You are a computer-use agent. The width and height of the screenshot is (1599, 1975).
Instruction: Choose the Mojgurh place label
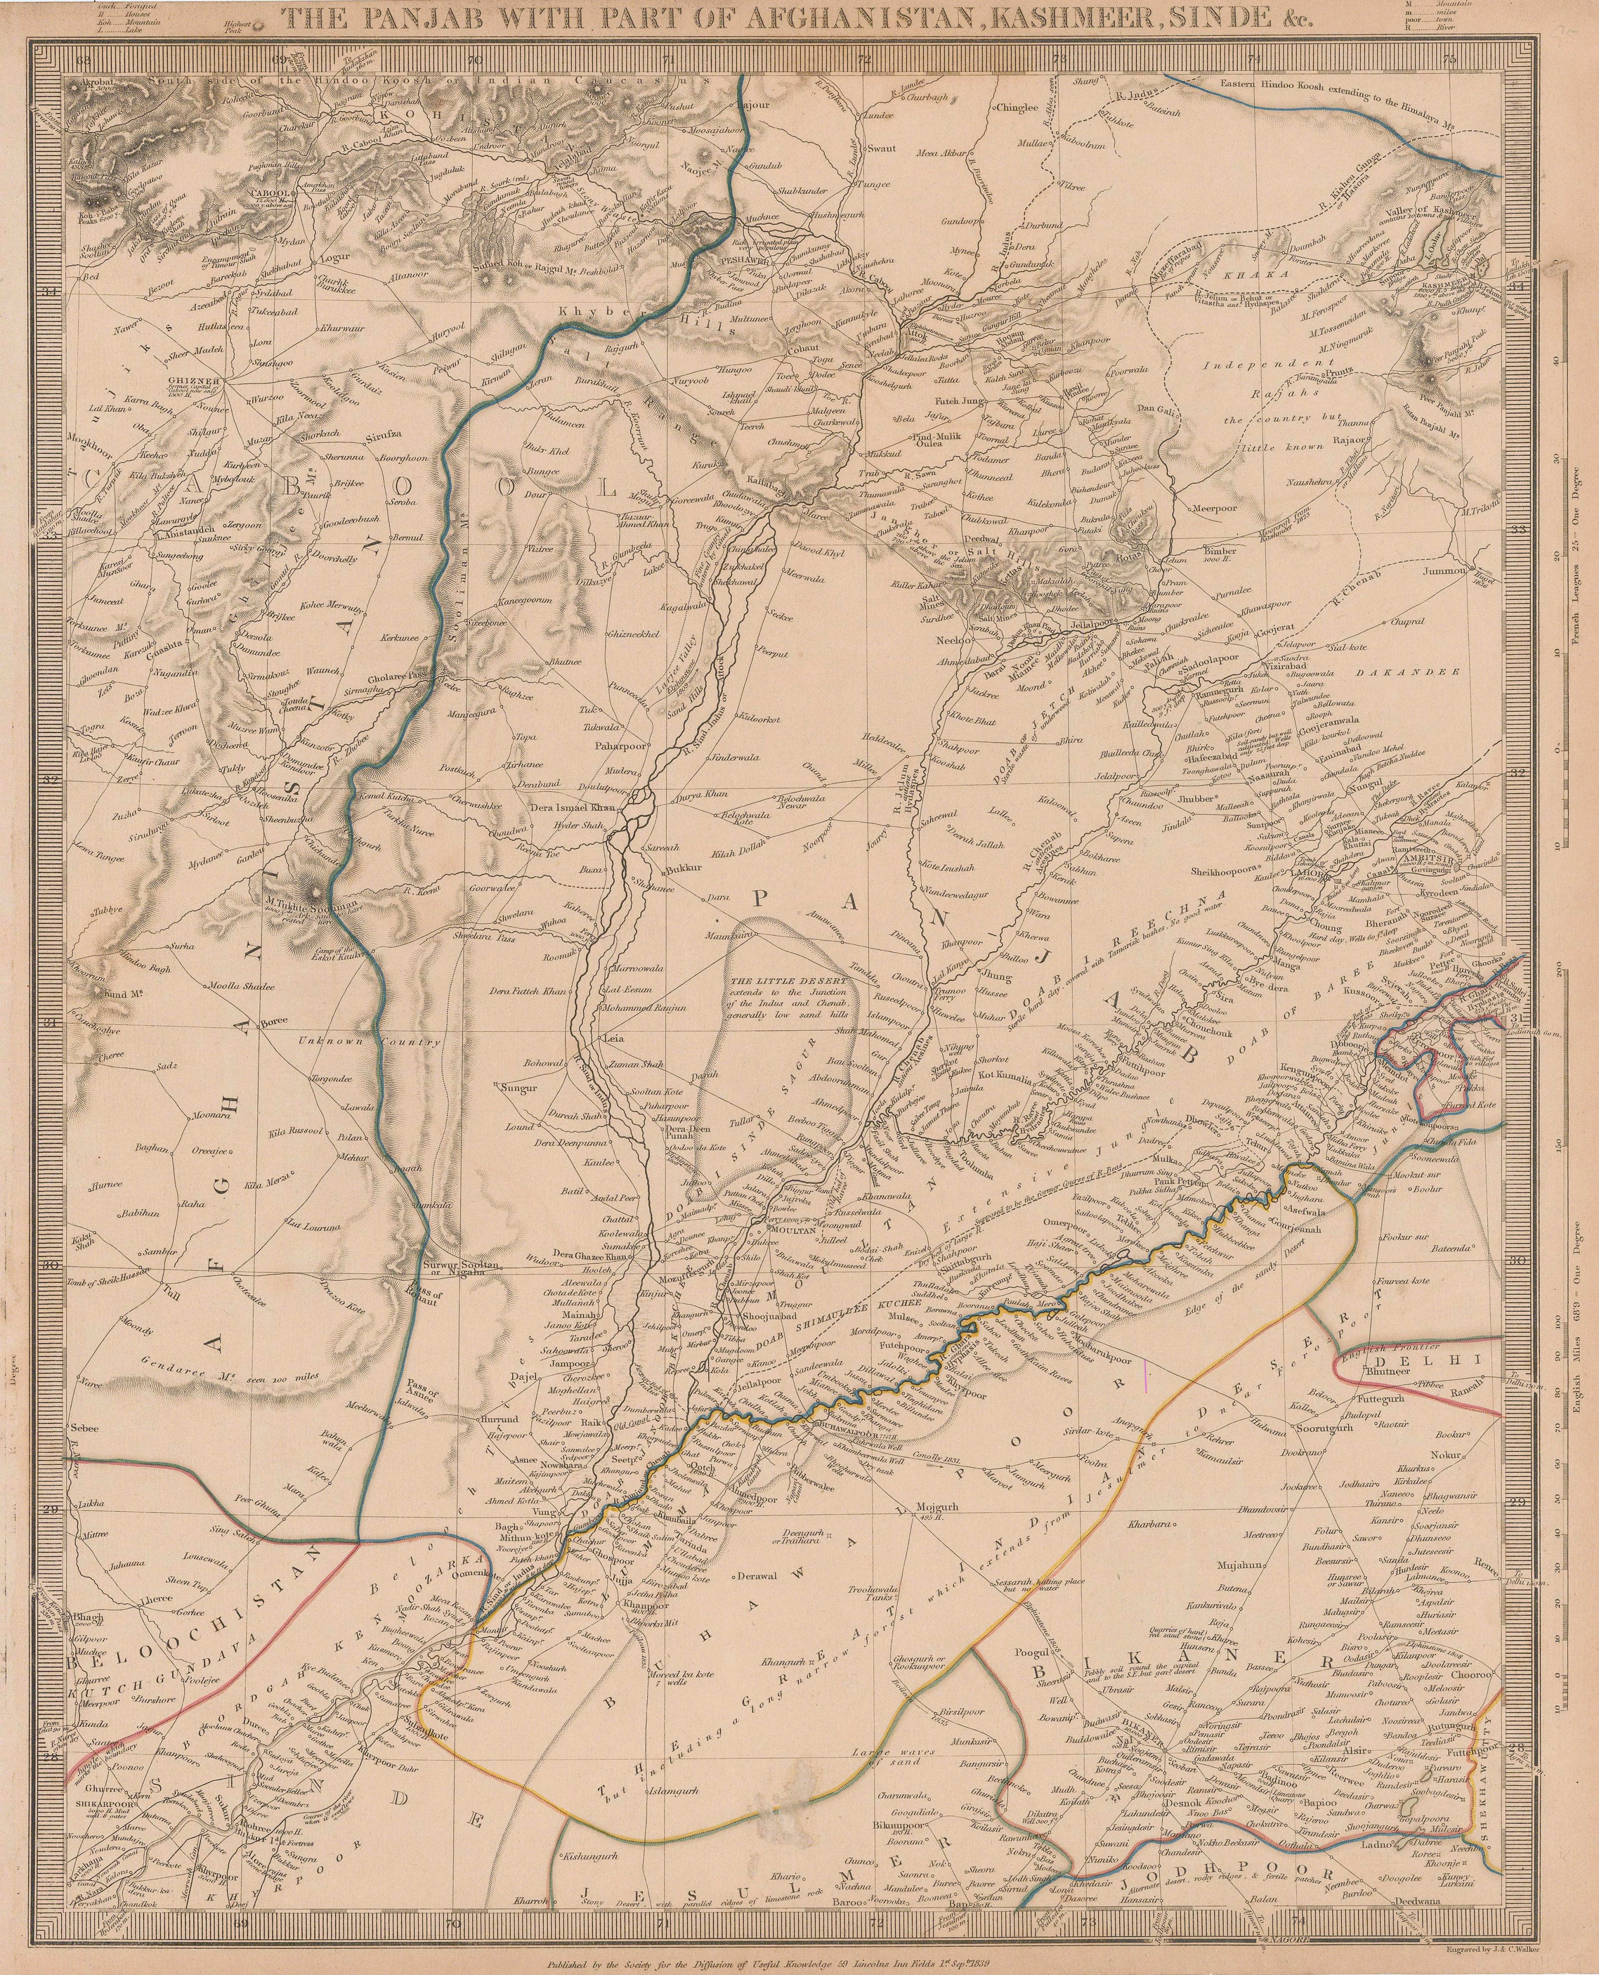(936, 1507)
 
